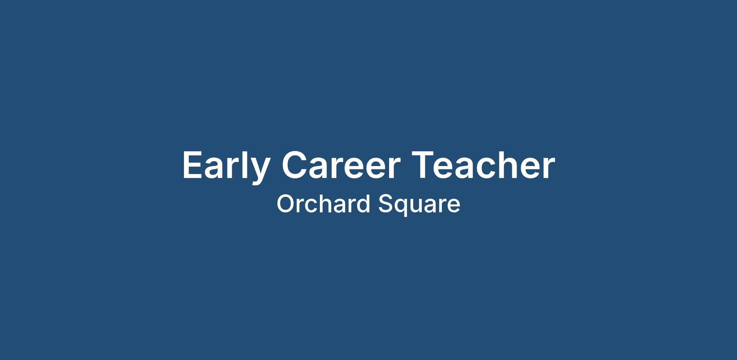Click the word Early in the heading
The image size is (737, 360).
click(x=226, y=168)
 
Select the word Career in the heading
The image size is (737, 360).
click(x=341, y=165)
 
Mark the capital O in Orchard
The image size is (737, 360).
click(x=286, y=204)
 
